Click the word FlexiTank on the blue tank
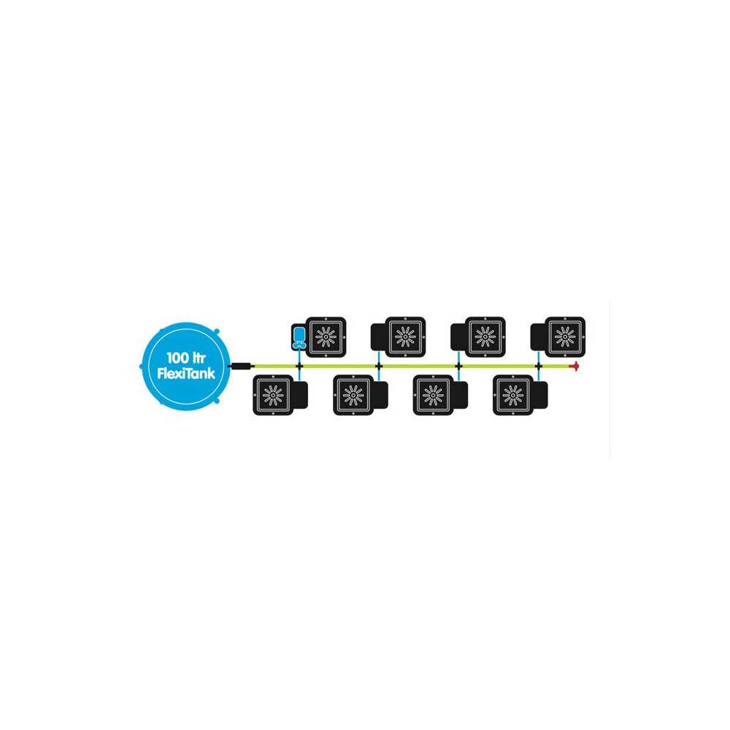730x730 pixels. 186,373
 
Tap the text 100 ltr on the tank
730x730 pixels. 185,358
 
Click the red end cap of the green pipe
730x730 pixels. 575,366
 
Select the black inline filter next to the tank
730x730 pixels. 241,366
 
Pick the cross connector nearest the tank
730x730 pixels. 299,366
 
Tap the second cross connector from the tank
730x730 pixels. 378,366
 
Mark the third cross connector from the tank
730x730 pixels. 458,366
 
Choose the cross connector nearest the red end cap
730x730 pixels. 539,366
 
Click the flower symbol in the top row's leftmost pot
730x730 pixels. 326,337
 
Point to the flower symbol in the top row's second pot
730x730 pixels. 405,337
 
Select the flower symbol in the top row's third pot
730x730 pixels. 485,337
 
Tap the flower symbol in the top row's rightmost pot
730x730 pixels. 565,337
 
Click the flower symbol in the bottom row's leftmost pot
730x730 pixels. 273,395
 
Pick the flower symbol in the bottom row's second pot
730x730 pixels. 353,395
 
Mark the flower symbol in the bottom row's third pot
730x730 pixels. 433,395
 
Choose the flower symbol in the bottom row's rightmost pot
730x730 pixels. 512,395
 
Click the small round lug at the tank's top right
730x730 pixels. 216,331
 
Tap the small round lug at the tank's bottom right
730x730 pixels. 216,401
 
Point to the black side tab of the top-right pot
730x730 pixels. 538,337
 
